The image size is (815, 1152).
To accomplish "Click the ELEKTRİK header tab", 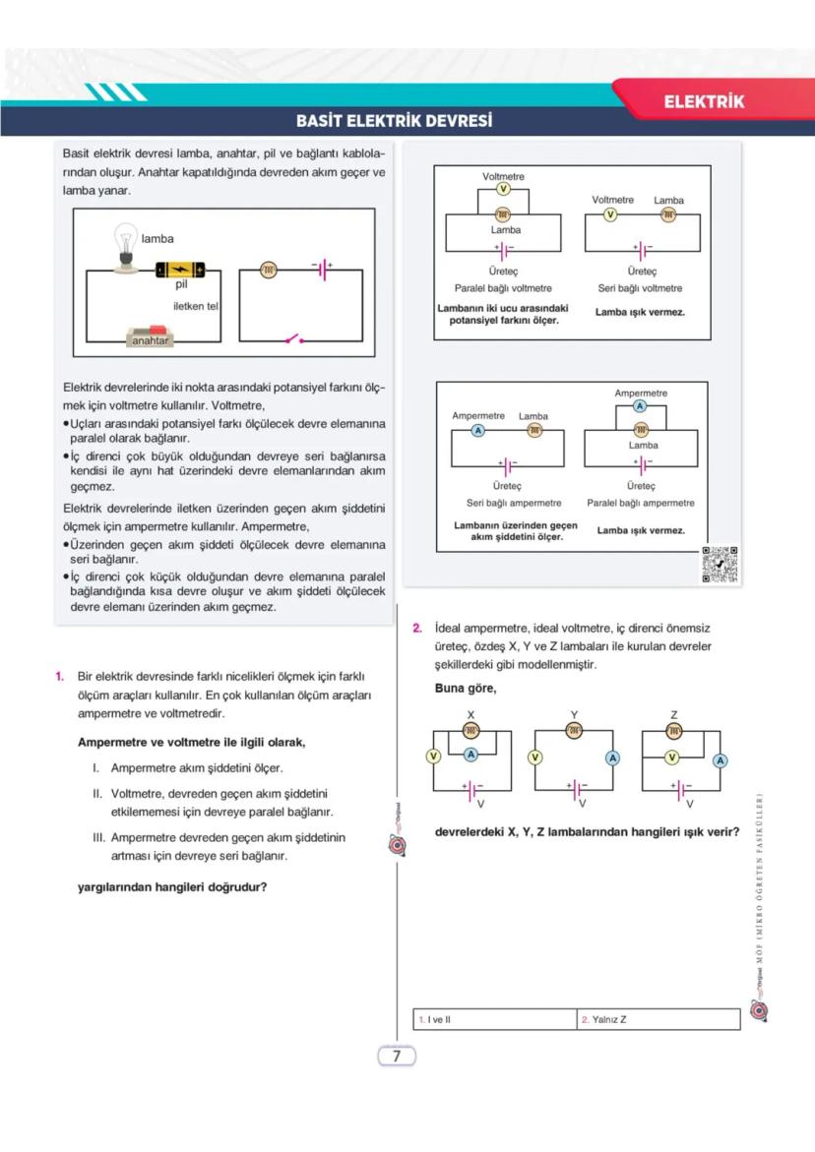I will tap(704, 101).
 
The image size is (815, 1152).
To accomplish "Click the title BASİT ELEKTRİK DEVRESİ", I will tap(394, 122).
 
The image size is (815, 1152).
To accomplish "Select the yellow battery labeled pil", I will tap(181, 270).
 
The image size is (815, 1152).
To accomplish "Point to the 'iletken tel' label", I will tap(195, 306).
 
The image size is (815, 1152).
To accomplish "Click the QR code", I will tap(720, 565).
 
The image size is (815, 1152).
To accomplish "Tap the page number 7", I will tap(397, 1057).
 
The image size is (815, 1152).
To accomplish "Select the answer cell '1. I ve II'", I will tap(494, 1019).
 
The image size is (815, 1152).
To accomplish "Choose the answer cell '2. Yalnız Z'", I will tap(658, 1019).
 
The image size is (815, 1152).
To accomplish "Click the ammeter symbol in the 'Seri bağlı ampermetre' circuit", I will tap(478, 431).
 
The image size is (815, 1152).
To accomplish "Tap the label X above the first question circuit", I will tap(470, 714).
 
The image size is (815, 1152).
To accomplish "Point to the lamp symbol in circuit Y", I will tap(574, 730).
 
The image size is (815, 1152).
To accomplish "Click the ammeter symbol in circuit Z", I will tap(720, 760).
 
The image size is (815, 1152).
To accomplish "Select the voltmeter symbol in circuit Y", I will tap(535, 758).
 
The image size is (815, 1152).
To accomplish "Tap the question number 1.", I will tap(60, 676).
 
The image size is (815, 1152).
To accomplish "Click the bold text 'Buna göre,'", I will tap(465, 688).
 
